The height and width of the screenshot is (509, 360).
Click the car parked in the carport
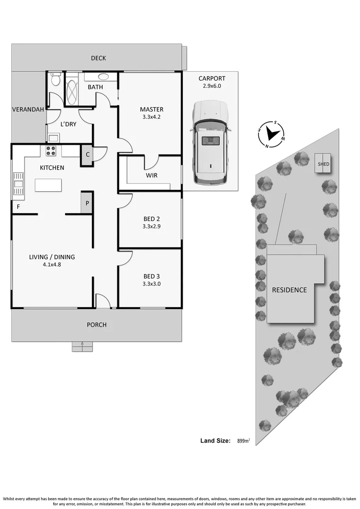coord(210,142)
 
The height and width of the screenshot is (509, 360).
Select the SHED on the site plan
coord(323,164)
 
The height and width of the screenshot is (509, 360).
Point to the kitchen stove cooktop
coord(50,151)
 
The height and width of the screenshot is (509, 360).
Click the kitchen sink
coord(18,183)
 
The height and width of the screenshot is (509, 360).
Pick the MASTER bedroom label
coord(152,109)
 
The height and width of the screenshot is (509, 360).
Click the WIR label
coord(151,175)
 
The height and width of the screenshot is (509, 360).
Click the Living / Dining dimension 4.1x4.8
coord(52,265)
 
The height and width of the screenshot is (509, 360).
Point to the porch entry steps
coord(82,346)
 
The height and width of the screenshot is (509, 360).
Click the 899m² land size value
coord(243,441)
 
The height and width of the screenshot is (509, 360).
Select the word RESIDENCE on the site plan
coord(289,290)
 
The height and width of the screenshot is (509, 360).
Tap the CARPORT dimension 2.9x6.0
coord(212,86)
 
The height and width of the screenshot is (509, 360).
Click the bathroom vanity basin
coord(103,76)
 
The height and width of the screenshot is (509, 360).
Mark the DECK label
coord(98,58)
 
